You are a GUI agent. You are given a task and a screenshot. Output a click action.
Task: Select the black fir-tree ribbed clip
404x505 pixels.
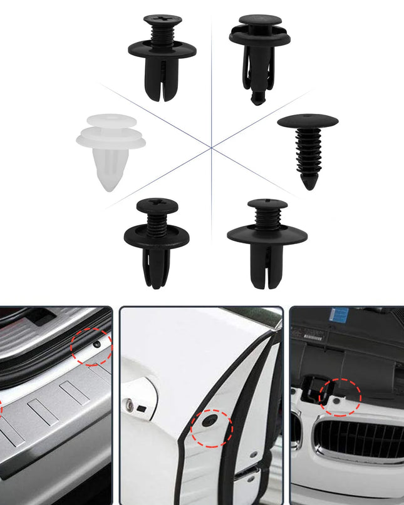coord(307,150)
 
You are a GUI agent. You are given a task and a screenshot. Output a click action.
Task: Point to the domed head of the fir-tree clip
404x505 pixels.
coord(308,120)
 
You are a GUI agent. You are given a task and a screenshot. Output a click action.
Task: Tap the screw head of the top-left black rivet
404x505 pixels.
coord(162,21)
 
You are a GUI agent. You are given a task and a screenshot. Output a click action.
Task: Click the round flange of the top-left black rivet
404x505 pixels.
coord(162,50)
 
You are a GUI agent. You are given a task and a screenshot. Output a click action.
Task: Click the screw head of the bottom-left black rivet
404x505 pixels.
coord(157,205)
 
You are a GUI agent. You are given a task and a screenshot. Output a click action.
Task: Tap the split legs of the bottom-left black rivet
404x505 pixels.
coord(157,269)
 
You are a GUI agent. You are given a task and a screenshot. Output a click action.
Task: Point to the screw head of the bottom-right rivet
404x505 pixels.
coord(267,204)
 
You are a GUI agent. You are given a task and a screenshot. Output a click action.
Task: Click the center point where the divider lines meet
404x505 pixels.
coord(212,148)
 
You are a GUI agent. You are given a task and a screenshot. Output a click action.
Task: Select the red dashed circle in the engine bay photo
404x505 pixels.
coord(341,397)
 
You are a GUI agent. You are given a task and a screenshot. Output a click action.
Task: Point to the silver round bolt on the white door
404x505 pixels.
coord(130,405)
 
